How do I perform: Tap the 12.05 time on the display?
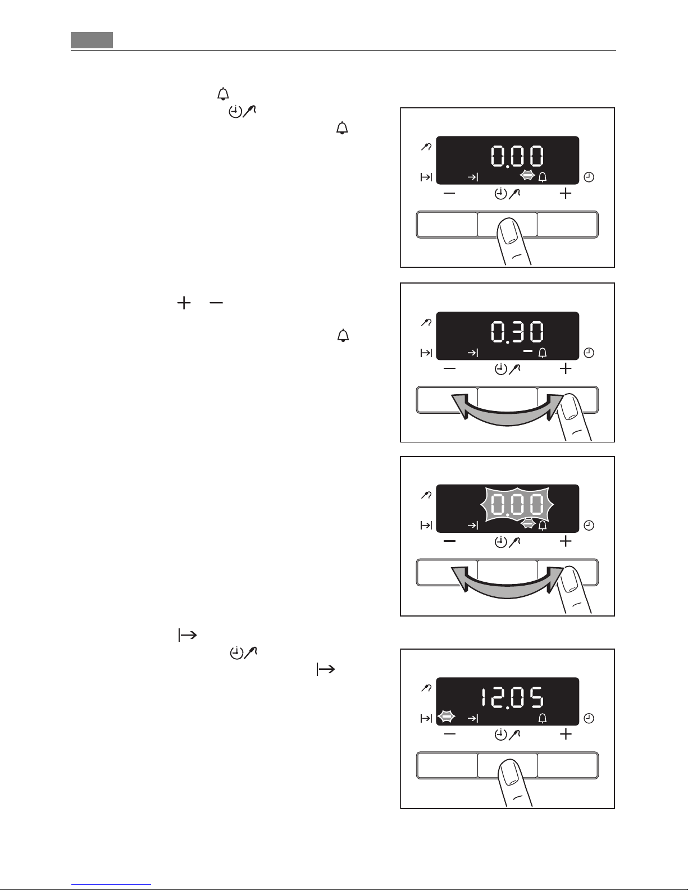[x=512, y=697]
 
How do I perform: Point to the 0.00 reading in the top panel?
[x=517, y=156]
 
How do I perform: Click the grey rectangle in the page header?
[x=92, y=40]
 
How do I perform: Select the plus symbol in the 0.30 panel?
[x=566, y=368]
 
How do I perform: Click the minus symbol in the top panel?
[x=449, y=193]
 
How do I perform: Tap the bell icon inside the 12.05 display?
[x=543, y=718]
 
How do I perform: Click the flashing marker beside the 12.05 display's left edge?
[x=446, y=716]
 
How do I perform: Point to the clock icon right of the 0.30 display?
[x=589, y=353]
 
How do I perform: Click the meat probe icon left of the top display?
[x=426, y=146]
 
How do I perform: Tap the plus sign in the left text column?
[x=184, y=303]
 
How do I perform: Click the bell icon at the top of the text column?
[x=223, y=94]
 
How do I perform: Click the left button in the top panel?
[x=447, y=225]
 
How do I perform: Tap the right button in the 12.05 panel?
[x=568, y=765]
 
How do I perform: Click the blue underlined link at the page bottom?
[x=111, y=884]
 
